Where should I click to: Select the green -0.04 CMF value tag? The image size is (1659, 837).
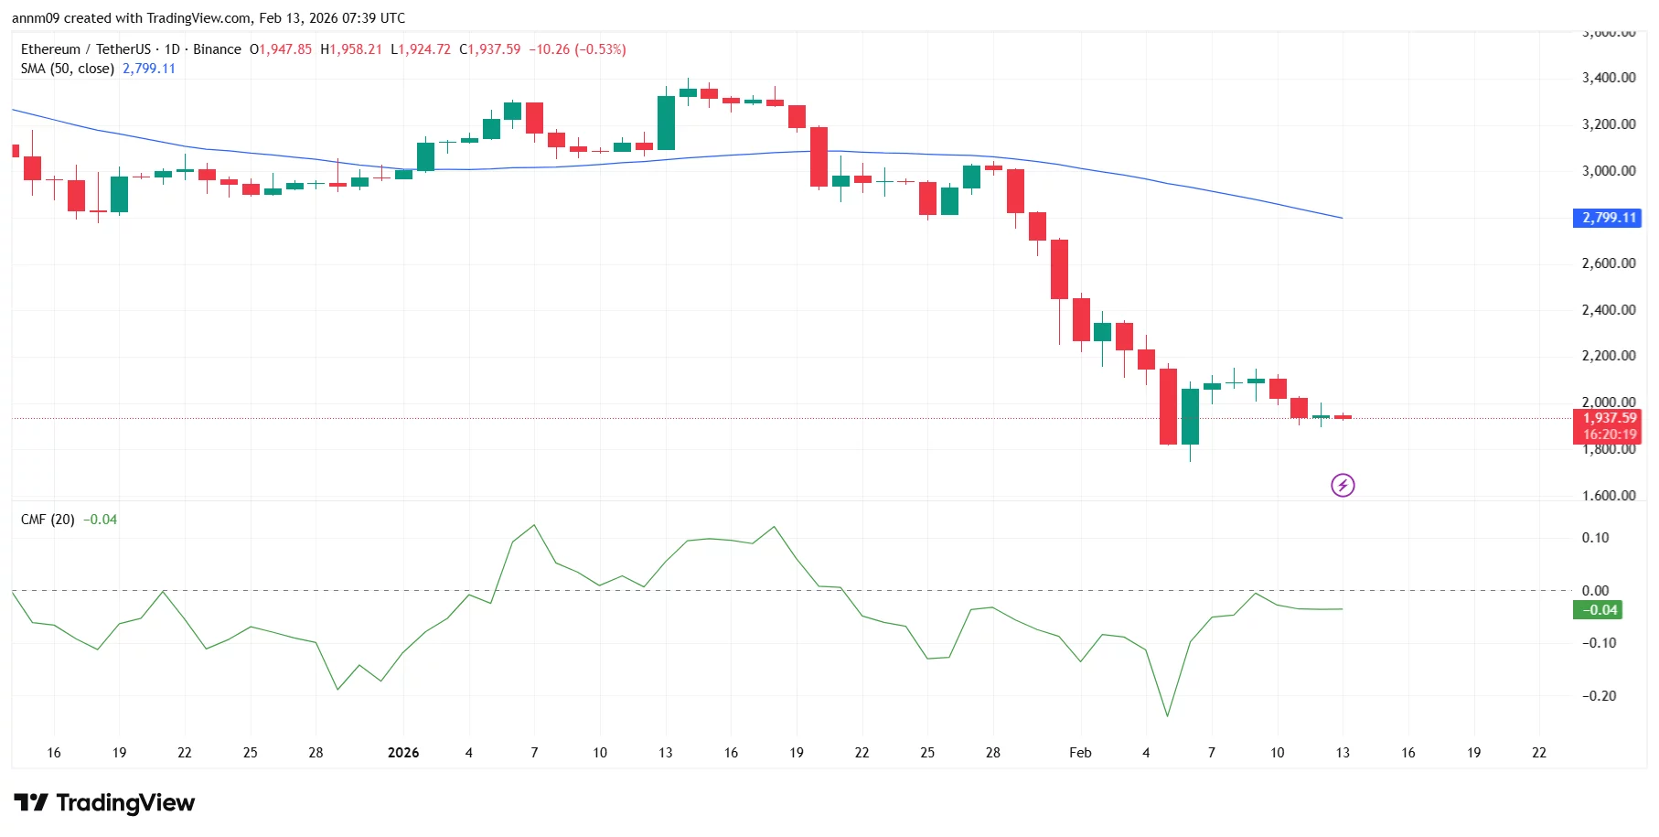point(1597,610)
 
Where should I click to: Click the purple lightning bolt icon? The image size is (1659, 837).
point(1342,485)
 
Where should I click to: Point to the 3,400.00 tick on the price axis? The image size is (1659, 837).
point(1608,78)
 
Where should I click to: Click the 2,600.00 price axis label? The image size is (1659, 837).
point(1608,263)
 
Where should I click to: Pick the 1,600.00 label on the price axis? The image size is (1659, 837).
point(1608,496)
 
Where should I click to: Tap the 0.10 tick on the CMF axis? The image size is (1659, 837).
point(1595,538)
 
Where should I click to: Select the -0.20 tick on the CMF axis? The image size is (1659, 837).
point(1599,696)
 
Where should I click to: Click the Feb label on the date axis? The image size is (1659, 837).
point(1080,753)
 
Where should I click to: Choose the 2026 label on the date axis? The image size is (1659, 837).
point(403,753)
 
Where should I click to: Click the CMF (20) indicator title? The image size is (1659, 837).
point(48,520)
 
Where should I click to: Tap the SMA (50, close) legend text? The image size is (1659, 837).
point(68,69)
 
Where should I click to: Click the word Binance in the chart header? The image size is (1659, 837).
point(217,49)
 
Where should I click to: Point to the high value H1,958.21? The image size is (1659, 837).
point(351,49)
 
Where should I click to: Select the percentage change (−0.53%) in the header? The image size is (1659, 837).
point(600,49)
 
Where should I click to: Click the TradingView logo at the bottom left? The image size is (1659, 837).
point(104,803)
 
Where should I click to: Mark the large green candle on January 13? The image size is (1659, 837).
point(666,123)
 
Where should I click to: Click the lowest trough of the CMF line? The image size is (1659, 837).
point(1167,716)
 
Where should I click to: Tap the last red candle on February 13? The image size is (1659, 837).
point(1342,417)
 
